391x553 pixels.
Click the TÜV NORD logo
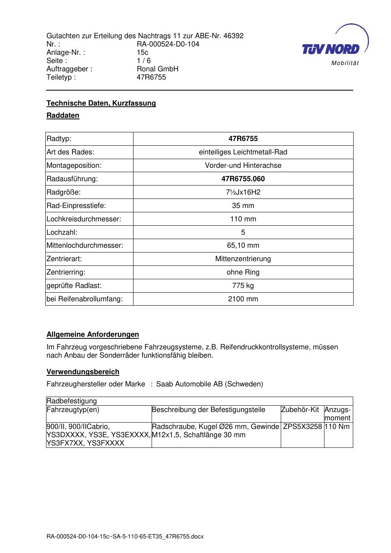click(331, 49)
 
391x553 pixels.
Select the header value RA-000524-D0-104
click(168, 44)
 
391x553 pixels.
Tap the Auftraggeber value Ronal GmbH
click(158, 69)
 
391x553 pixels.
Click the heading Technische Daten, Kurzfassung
click(101, 103)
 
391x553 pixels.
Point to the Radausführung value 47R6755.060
click(243, 179)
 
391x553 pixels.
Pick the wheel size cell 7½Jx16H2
click(243, 192)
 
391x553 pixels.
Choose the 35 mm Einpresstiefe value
click(243, 206)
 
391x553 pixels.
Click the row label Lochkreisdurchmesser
click(84, 219)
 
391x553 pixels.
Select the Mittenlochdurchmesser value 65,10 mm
click(243, 245)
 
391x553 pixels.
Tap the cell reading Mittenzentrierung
click(243, 259)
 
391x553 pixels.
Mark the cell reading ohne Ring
click(243, 272)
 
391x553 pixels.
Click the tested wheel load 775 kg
click(243, 286)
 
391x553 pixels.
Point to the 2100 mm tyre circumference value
click(243, 299)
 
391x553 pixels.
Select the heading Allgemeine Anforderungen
click(93, 334)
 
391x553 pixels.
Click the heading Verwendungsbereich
click(83, 372)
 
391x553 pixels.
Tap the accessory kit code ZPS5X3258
click(302, 427)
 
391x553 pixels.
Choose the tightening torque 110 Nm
click(337, 427)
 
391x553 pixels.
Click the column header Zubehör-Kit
click(300, 410)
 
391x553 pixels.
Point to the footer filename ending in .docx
click(125, 536)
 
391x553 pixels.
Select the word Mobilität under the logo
click(345, 63)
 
